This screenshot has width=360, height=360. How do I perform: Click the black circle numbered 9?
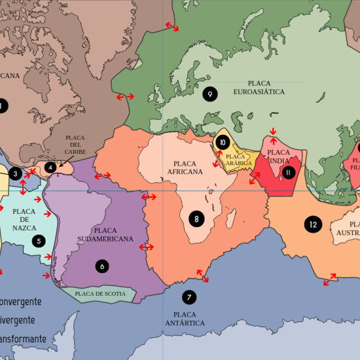(x=209, y=94)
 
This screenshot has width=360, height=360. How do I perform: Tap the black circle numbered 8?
(x=196, y=219)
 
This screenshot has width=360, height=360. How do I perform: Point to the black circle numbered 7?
(x=189, y=297)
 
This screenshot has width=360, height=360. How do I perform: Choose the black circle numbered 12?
(x=313, y=225)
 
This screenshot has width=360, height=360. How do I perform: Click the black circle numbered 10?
(x=223, y=142)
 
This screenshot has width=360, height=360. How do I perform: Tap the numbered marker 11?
(x=288, y=173)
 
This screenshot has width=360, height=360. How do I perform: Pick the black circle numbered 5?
(x=39, y=241)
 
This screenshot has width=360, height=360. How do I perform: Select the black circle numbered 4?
(x=50, y=168)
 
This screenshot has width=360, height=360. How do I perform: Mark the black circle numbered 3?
(x=15, y=173)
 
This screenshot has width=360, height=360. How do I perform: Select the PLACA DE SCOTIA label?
(x=100, y=294)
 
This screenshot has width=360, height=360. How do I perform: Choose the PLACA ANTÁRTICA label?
(x=185, y=319)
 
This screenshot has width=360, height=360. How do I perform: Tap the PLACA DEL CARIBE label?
(x=75, y=145)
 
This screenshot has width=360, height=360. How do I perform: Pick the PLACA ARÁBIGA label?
(x=238, y=159)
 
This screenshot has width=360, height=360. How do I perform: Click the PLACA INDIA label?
(x=279, y=156)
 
